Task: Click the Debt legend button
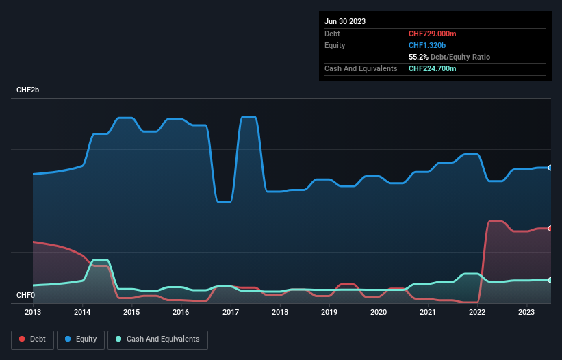[x=32, y=339]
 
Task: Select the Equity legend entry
[x=81, y=339]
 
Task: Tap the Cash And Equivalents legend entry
[x=157, y=339]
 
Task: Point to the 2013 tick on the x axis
[x=33, y=313]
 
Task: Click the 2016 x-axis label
[x=181, y=313]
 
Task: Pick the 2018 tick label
[x=279, y=313]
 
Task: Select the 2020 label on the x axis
[x=378, y=313]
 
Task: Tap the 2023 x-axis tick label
[x=526, y=313]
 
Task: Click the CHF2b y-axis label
[x=28, y=90]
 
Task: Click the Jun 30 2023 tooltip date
[x=345, y=21]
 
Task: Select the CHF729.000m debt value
[x=432, y=34]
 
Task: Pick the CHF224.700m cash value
[x=432, y=68]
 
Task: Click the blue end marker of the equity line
[x=550, y=168]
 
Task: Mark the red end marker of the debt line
[x=550, y=229]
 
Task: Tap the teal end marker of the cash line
[x=550, y=280]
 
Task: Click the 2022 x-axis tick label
[x=476, y=313]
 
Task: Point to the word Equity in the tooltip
[x=335, y=45]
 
